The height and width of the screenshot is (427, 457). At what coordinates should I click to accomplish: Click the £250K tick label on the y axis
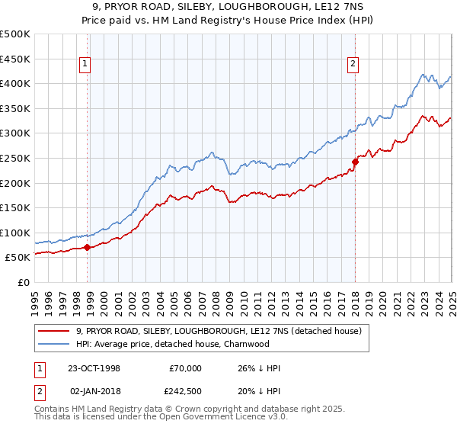[15, 158]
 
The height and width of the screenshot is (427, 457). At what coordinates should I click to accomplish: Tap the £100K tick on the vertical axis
[15, 233]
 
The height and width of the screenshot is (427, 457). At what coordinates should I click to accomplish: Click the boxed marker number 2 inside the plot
[353, 65]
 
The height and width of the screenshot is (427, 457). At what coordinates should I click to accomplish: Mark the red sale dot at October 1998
[88, 247]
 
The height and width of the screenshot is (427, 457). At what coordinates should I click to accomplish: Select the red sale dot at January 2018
[355, 161]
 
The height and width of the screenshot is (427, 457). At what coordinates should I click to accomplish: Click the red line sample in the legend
[54, 331]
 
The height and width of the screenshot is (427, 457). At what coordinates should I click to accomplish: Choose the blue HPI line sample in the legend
[54, 344]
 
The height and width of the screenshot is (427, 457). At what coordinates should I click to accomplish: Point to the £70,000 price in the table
[184, 368]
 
